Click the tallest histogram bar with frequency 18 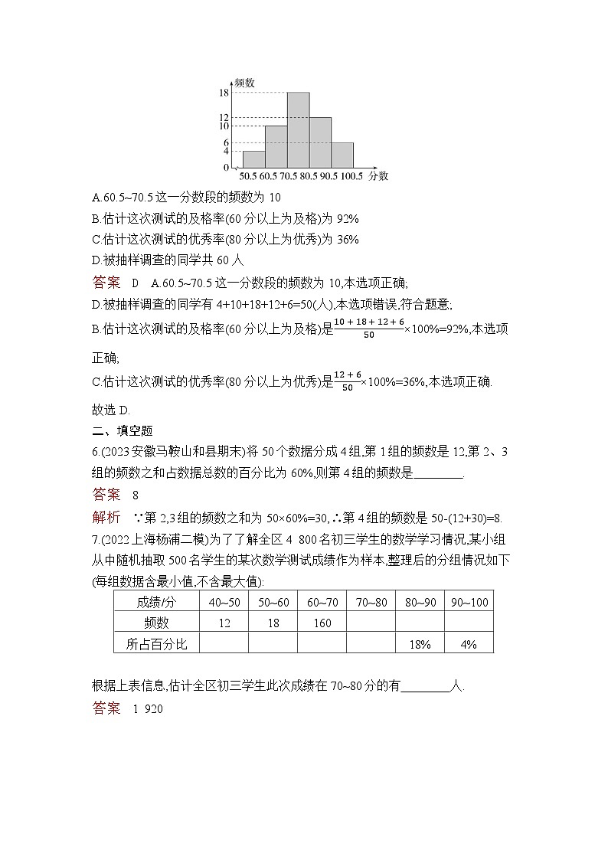(x=298, y=129)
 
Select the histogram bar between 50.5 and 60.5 (x=253, y=159)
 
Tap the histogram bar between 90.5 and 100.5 (x=342, y=155)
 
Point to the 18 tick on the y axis (x=224, y=93)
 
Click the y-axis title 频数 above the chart (x=244, y=82)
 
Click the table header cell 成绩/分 (x=156, y=602)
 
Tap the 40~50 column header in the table (x=224, y=602)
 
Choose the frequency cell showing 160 (x=322, y=623)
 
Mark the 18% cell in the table (x=420, y=644)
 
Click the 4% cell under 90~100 (x=469, y=644)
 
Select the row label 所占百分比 (x=156, y=644)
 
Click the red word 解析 (x=106, y=516)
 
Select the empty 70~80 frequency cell (x=371, y=623)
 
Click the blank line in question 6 (x=438, y=473)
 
